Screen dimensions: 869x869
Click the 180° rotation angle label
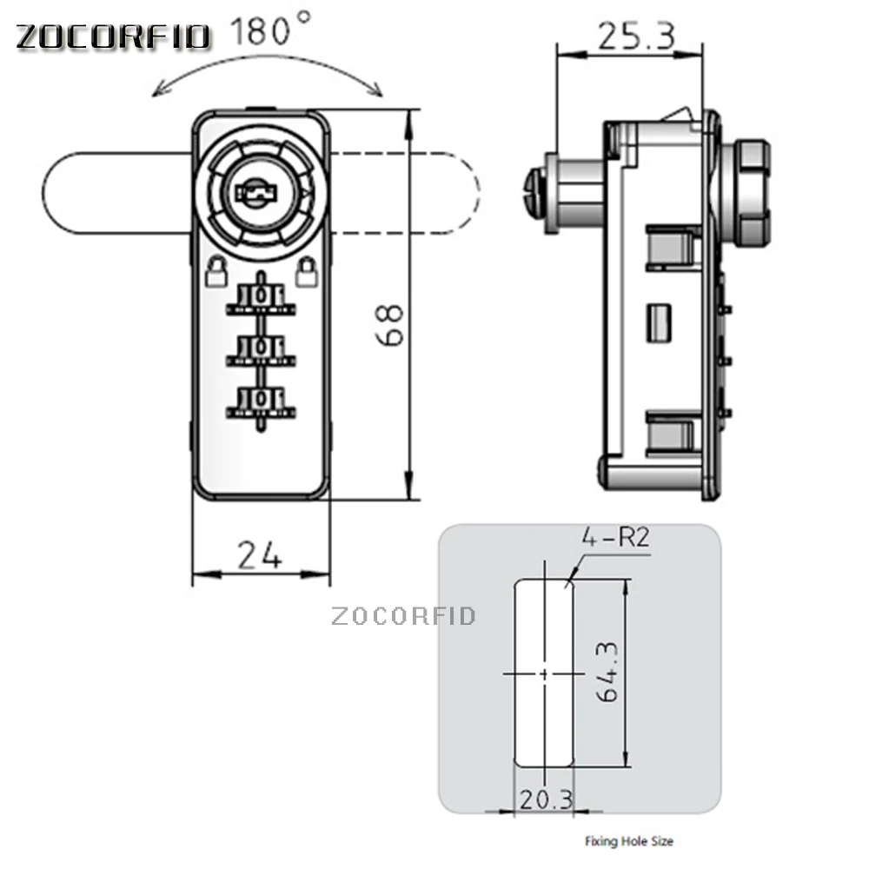click(271, 30)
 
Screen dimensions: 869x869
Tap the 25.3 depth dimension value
click(637, 36)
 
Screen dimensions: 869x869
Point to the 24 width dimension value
click(259, 555)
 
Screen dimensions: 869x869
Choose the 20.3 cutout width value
click(546, 799)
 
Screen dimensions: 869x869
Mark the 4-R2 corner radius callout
click(615, 537)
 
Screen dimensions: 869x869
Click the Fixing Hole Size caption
click(629, 841)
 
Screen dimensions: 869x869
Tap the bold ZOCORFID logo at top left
click(113, 37)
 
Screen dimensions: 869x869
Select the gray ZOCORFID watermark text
click(403, 616)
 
